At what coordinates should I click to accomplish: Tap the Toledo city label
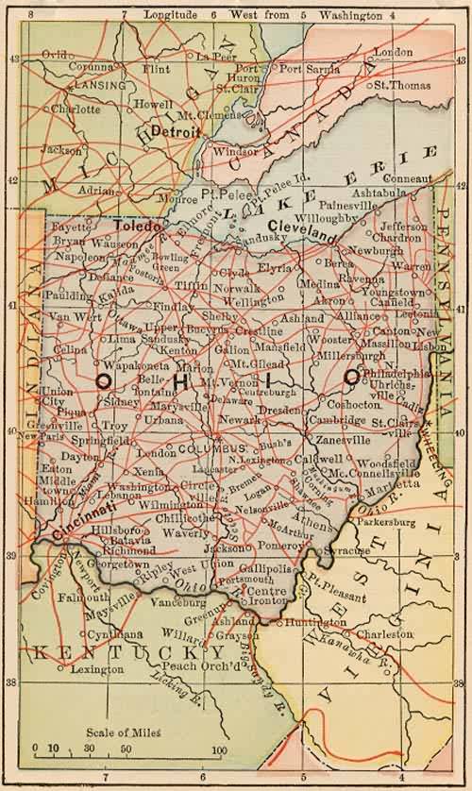tap(138, 227)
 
